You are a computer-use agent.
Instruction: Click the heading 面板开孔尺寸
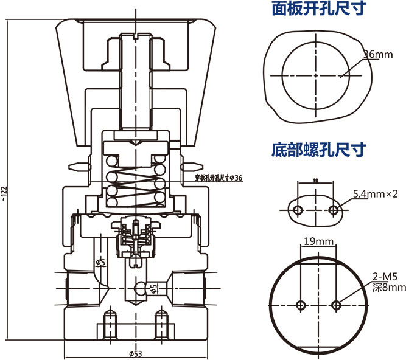click(x=318, y=9)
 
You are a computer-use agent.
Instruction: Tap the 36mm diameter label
click(x=377, y=55)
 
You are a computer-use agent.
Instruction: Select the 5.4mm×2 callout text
click(x=375, y=194)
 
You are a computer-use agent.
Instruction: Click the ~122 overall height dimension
click(x=5, y=192)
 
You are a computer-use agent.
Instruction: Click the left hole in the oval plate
click(x=298, y=210)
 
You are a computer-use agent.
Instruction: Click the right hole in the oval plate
click(x=333, y=210)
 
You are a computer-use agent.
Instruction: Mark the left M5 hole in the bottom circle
click(x=301, y=305)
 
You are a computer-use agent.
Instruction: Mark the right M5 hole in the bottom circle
click(x=337, y=305)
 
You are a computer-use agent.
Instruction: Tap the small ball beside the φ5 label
click(x=141, y=288)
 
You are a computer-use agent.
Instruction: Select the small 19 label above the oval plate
click(x=315, y=181)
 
